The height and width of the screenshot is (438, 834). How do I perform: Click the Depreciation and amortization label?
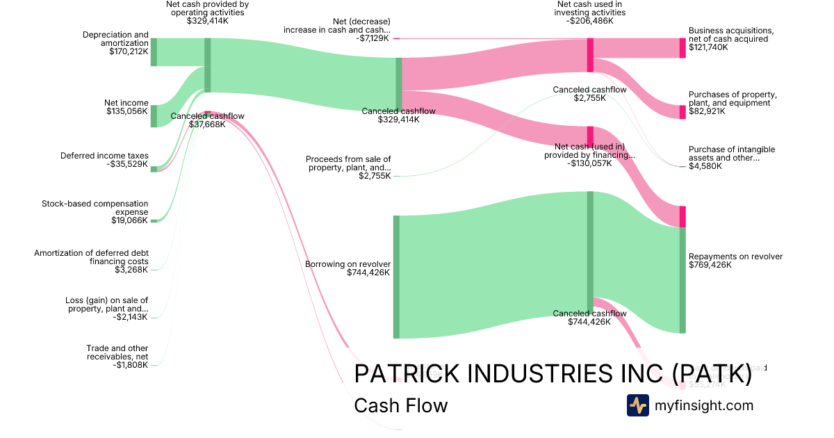click(x=115, y=39)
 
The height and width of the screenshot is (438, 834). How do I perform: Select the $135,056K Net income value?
click(x=127, y=111)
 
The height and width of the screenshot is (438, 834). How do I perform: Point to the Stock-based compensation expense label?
click(x=95, y=208)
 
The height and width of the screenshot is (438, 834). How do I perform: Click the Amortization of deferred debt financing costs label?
click(x=91, y=257)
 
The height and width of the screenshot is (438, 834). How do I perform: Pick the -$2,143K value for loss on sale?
click(x=131, y=317)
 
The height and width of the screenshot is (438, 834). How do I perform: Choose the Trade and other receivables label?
click(x=117, y=352)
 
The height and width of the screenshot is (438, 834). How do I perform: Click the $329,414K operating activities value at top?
click(x=207, y=21)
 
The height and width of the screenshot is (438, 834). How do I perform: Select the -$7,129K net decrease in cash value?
click(x=373, y=38)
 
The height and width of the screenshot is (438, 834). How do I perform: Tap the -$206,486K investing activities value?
click(x=589, y=21)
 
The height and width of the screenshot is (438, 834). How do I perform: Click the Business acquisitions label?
click(x=730, y=35)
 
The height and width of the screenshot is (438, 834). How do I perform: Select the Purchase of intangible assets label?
click(x=731, y=154)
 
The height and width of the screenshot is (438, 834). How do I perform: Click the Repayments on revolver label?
click(x=735, y=257)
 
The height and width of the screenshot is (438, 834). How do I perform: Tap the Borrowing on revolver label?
click(x=347, y=264)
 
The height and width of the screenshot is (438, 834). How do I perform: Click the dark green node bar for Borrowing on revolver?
click(x=396, y=277)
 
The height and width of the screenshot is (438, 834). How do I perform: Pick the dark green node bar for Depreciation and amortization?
click(x=154, y=52)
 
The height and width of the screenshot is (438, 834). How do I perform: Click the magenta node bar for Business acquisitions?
click(x=682, y=48)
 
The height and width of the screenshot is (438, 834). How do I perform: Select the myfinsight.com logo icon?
click(x=637, y=405)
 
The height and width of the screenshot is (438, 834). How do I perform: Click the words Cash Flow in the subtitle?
click(x=400, y=405)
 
